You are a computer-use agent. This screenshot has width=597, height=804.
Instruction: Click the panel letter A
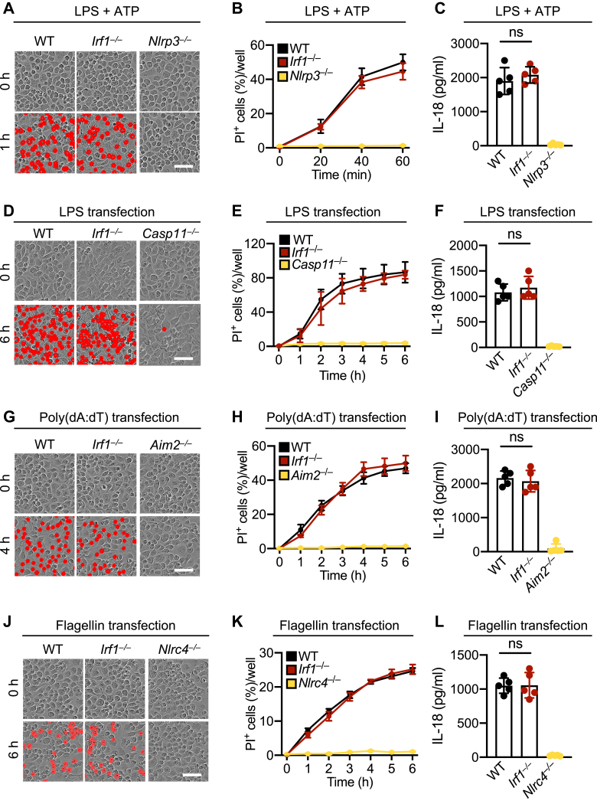click(6, 8)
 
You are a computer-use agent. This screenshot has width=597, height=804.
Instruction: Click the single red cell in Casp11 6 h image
click(163, 324)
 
